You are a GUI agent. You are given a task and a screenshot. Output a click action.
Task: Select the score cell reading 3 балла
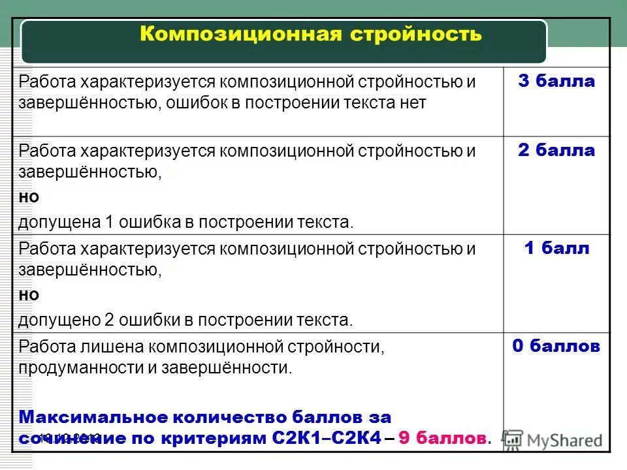[556, 82]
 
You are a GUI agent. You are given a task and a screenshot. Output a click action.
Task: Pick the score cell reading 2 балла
[556, 150]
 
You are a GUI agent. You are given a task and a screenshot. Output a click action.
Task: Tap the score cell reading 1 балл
[556, 248]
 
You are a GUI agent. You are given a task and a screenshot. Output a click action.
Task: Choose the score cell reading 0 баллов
[556, 346]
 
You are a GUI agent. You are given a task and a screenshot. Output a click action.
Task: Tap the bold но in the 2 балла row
[29, 197]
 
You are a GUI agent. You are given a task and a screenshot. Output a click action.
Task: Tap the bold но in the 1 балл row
[29, 295]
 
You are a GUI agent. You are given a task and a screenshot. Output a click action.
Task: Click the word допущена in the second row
[57, 223]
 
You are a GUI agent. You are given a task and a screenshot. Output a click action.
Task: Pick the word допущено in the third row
[57, 321]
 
